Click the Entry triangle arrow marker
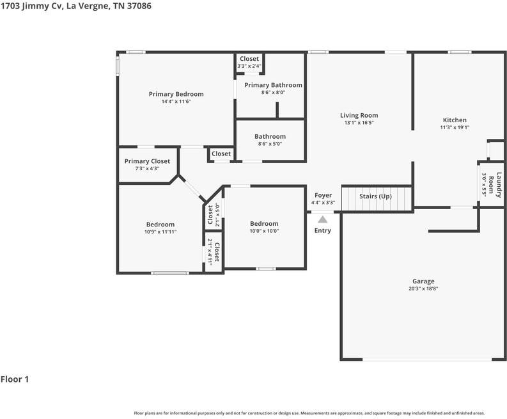(x=322, y=219)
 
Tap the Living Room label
(x=359, y=115)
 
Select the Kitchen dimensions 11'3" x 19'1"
(x=455, y=127)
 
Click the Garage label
(x=423, y=281)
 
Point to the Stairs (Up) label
(x=375, y=196)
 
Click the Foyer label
(x=323, y=195)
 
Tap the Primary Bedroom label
(x=176, y=94)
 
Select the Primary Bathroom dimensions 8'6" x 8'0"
(x=273, y=93)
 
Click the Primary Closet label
(x=147, y=161)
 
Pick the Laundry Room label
(x=495, y=185)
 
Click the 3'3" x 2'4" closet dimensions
(x=249, y=66)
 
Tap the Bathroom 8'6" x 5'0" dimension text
(x=270, y=144)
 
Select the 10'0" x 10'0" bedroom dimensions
(x=264, y=231)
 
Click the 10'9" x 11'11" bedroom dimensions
(x=160, y=232)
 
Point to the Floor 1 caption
(x=15, y=379)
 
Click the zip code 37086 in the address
(x=138, y=6)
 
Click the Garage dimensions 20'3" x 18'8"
(x=423, y=289)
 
